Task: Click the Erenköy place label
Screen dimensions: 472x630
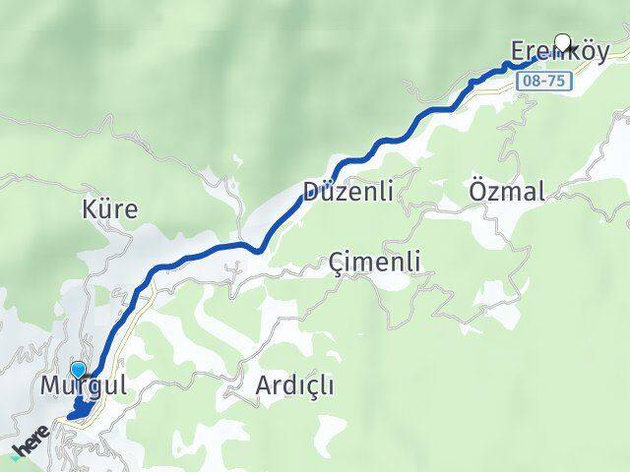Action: pyautogui.click(x=558, y=50)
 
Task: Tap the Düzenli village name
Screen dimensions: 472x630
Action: pyautogui.click(x=348, y=192)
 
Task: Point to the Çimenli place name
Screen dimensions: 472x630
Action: pyautogui.click(x=375, y=262)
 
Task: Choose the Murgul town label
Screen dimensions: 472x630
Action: pyautogui.click(x=84, y=385)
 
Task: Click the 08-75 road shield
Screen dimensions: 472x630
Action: pyautogui.click(x=543, y=83)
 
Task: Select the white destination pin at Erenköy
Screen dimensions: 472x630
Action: pyautogui.click(x=563, y=41)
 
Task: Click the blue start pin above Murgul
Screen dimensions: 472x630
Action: pyautogui.click(x=79, y=372)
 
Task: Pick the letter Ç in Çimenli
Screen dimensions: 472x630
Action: pyautogui.click(x=337, y=263)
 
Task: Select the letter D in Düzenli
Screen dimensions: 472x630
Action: pyautogui.click(x=313, y=192)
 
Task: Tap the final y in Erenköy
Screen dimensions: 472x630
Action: pyautogui.click(x=600, y=52)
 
